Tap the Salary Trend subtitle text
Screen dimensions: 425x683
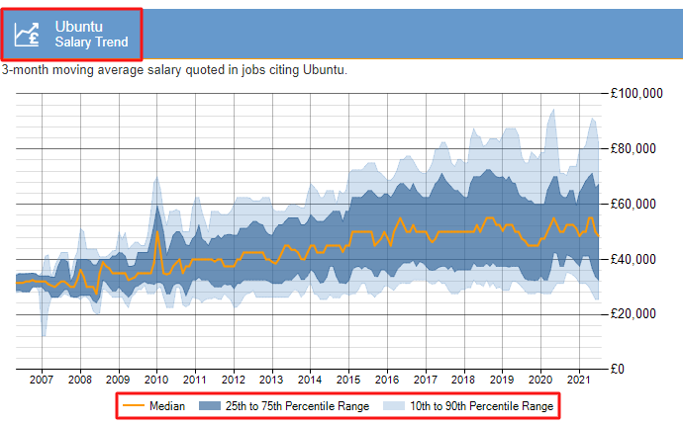tap(91, 42)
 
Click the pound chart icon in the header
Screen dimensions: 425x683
tap(29, 34)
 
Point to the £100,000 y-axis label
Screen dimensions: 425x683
tap(636, 94)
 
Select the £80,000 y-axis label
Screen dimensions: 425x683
tap(636, 149)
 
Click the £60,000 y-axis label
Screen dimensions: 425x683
tap(636, 204)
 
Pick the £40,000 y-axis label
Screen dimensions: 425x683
tap(636, 259)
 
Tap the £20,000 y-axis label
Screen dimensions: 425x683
tap(636, 314)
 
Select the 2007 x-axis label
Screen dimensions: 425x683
tap(42, 380)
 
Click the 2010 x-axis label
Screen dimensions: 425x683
tap(156, 380)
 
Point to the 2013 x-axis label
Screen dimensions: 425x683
tap(271, 380)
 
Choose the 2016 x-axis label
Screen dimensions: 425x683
tap(386, 380)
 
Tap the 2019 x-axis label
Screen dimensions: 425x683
tap(502, 380)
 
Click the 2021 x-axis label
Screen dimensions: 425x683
tap(578, 380)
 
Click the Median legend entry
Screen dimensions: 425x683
tap(153, 405)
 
